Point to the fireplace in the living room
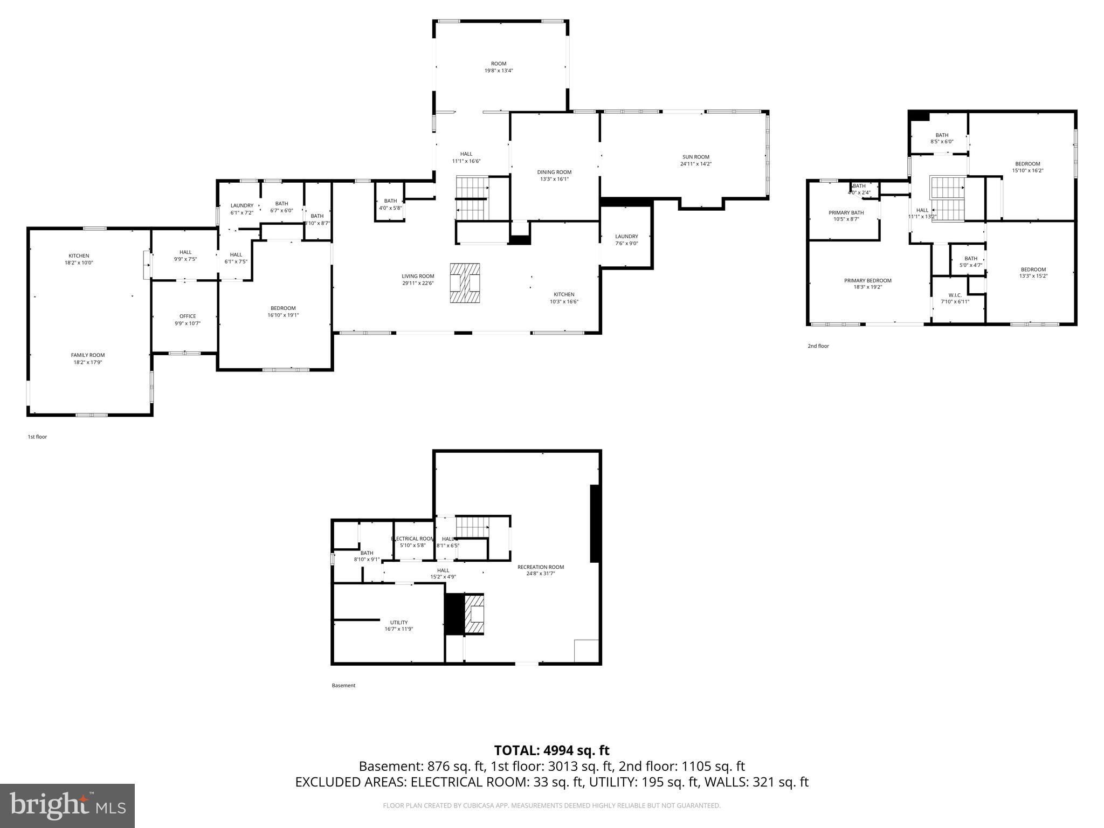click(465, 283)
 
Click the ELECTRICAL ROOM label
click(412, 539)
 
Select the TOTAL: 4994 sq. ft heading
click(551, 750)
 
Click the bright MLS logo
click(67, 806)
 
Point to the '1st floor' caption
click(37, 437)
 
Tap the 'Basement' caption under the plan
click(343, 686)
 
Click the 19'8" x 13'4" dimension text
click(498, 71)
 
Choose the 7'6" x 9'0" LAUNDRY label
click(626, 239)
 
